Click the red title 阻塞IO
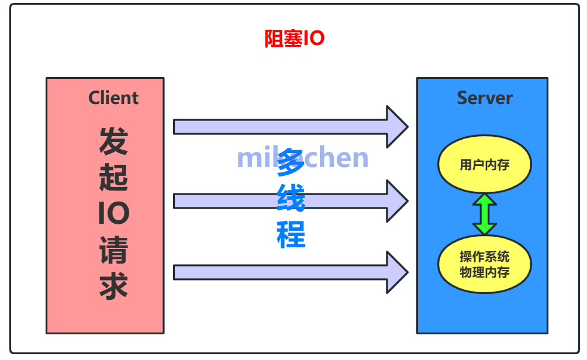pos(294,39)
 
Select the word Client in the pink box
pos(113,98)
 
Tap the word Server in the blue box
pos(484,98)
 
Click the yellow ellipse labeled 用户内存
pos(484,164)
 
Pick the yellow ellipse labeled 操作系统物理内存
pos(484,264)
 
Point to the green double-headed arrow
pos(485,214)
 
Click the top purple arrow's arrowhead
pos(397,127)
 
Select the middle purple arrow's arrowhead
pos(397,201)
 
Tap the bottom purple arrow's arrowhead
pos(397,272)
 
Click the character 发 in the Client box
pos(113,141)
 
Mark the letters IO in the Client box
pos(113,214)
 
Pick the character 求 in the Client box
pos(113,286)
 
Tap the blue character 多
pos(291,162)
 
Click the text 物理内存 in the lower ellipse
pos(484,272)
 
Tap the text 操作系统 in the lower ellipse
pos(484,257)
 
